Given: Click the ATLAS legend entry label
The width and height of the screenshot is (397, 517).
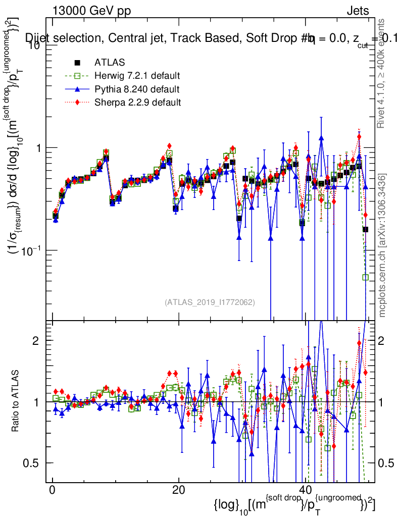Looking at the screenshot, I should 110,63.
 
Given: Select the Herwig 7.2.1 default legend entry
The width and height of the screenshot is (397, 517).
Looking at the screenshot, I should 137,76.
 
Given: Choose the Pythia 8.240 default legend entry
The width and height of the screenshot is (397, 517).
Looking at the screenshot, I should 137,90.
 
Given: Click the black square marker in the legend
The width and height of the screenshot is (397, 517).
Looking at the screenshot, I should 78,63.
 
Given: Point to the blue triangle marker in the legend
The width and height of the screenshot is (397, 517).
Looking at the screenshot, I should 78,90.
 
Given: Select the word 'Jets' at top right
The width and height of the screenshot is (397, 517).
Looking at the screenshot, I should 358,11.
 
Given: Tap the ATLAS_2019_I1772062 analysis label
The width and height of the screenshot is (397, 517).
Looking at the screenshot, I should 210,302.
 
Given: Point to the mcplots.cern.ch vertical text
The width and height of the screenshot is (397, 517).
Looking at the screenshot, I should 382,246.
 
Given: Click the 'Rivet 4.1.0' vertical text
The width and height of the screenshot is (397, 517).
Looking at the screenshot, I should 382,73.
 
